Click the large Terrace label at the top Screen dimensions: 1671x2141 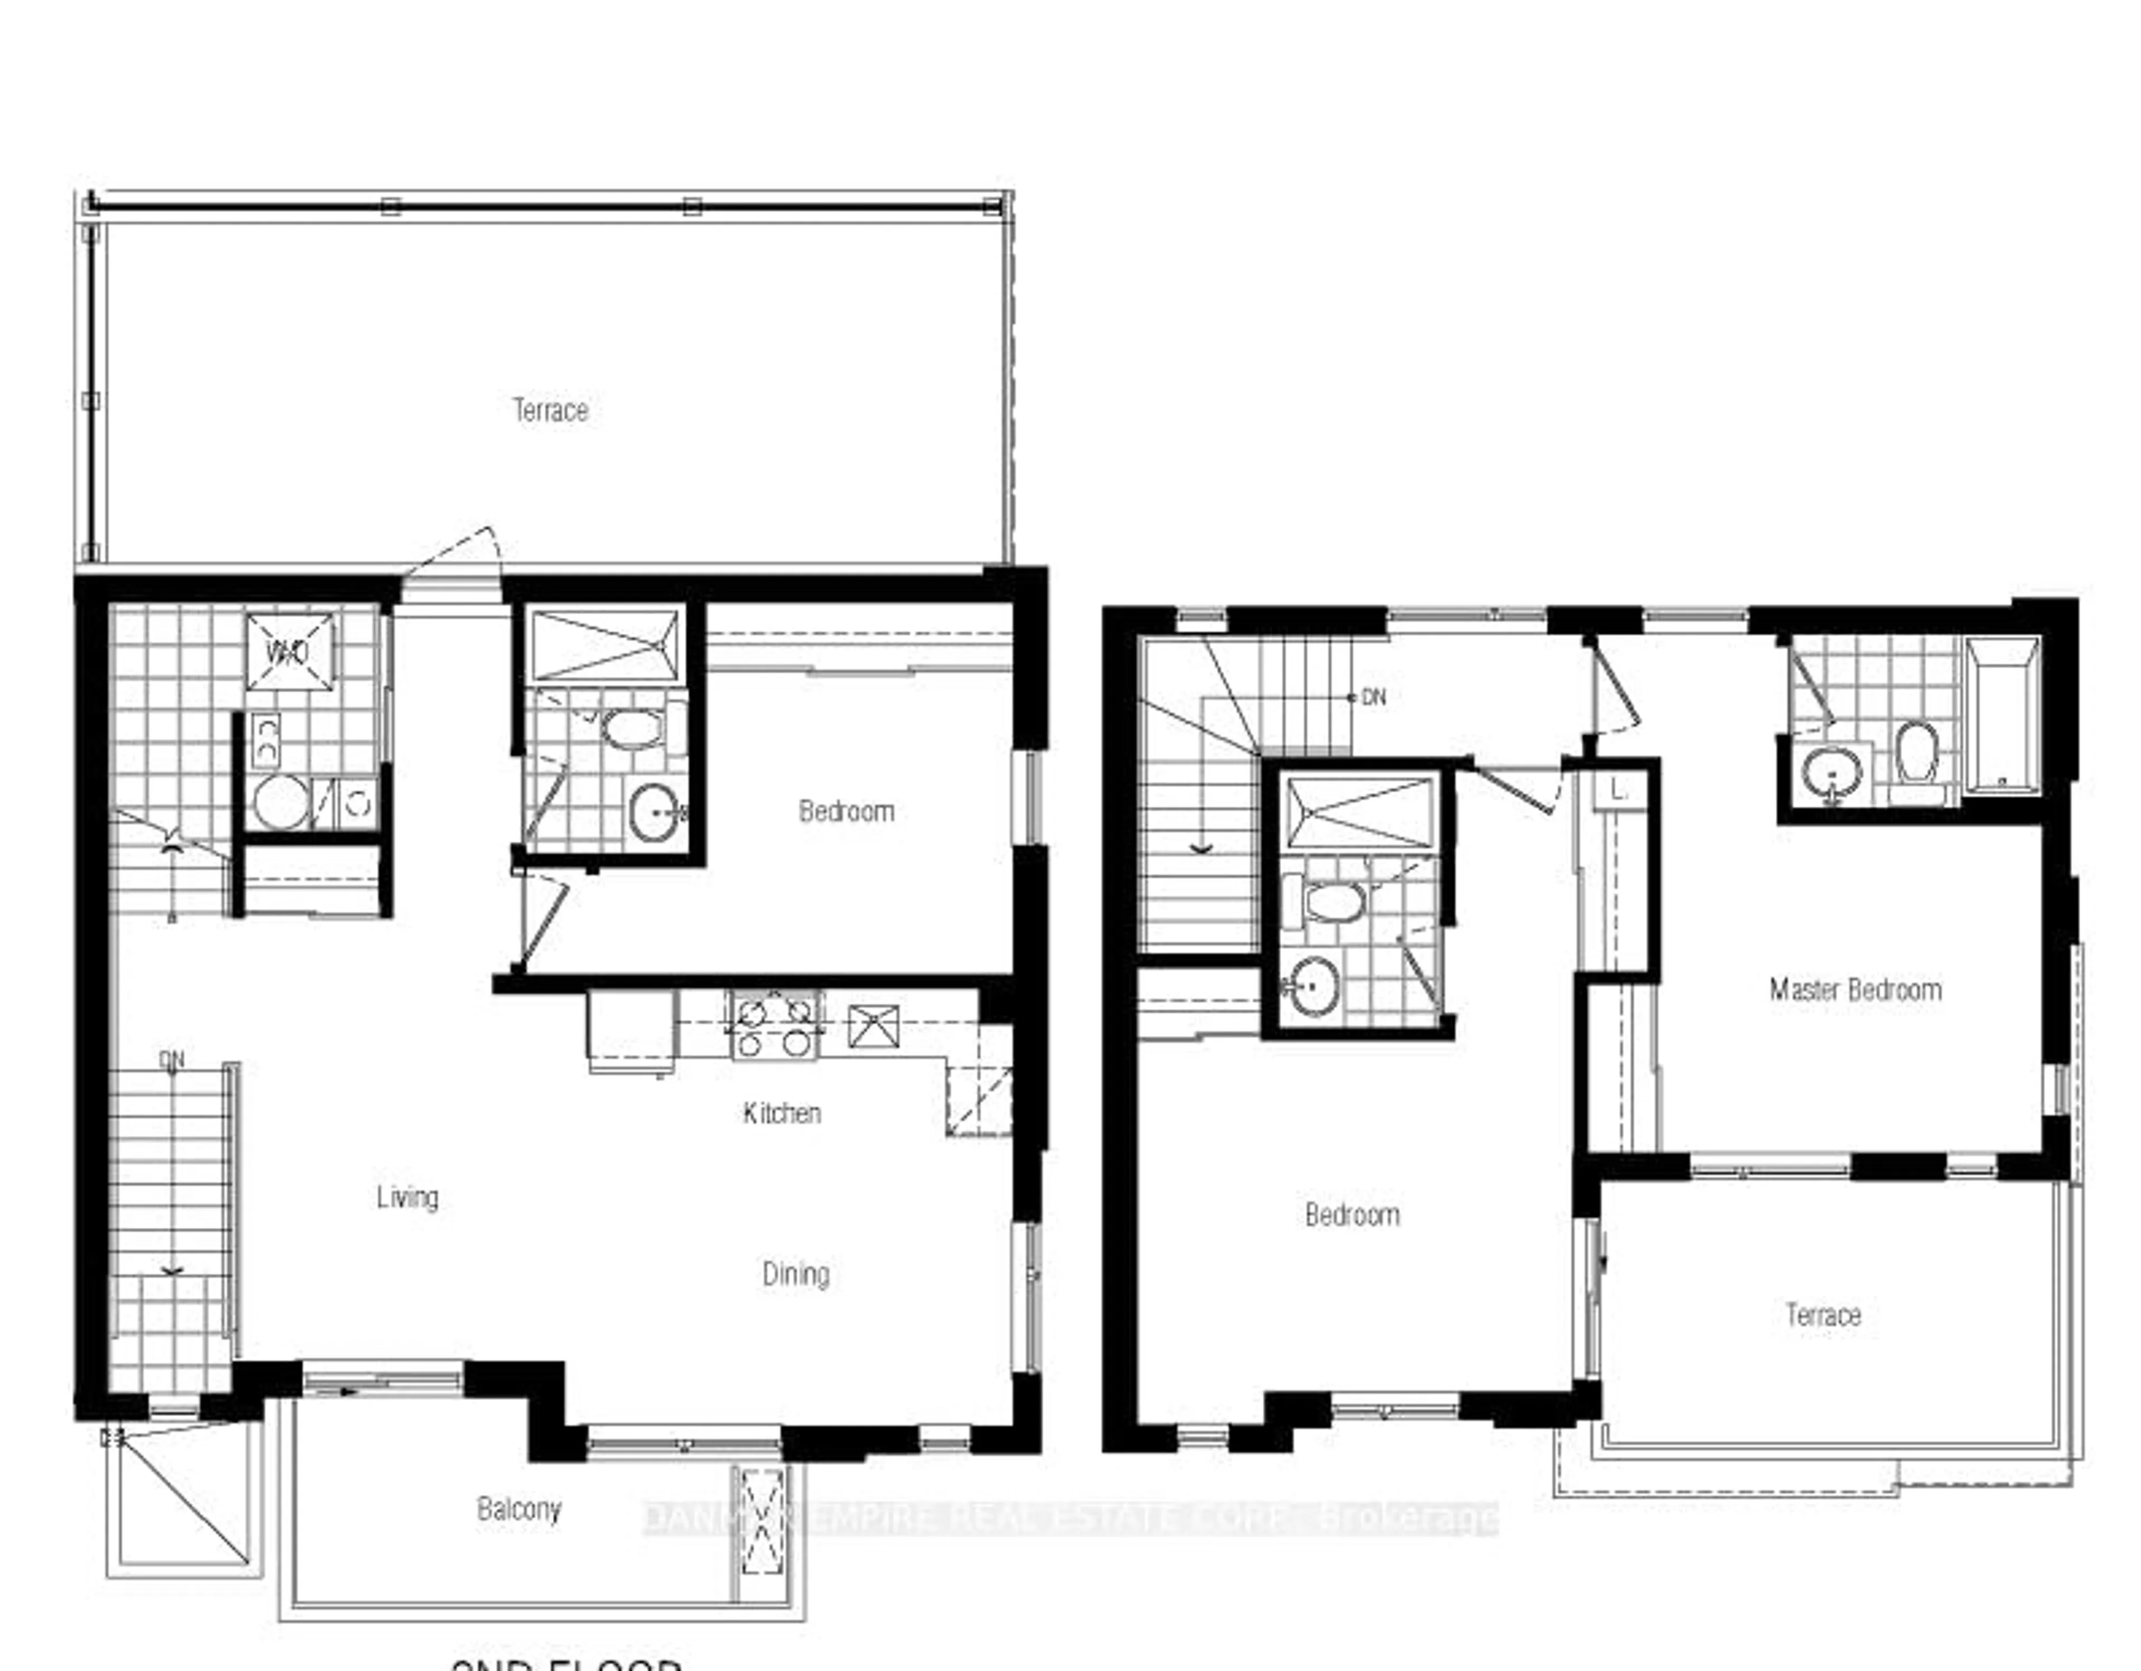(550, 410)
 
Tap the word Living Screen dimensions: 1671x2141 (407, 1197)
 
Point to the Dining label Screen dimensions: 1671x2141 (795, 1274)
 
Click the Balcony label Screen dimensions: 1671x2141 (519, 1508)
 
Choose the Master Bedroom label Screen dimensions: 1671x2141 (1855, 990)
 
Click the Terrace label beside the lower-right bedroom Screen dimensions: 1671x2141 (1823, 1314)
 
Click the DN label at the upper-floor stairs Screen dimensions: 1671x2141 (1373, 697)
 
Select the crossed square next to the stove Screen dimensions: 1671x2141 (873, 1025)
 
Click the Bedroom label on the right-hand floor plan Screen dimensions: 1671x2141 (1351, 1215)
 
